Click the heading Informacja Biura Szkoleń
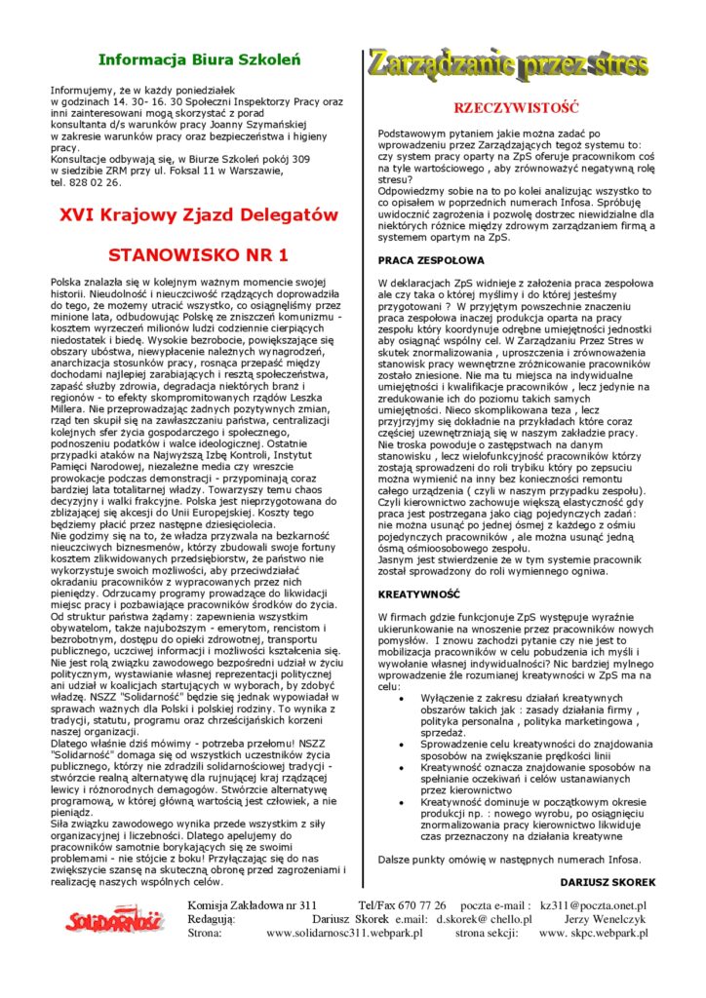coord(204,60)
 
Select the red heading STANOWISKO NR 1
coord(198,255)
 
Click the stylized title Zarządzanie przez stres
coord(507,64)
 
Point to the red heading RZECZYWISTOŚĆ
coord(517,108)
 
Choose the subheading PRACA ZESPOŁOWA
coord(430,260)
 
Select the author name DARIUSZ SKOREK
coord(612,882)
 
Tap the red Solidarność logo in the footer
coord(115,918)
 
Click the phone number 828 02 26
coord(98,182)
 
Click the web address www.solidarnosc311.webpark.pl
coord(344,933)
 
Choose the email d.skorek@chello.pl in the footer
coord(484,919)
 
